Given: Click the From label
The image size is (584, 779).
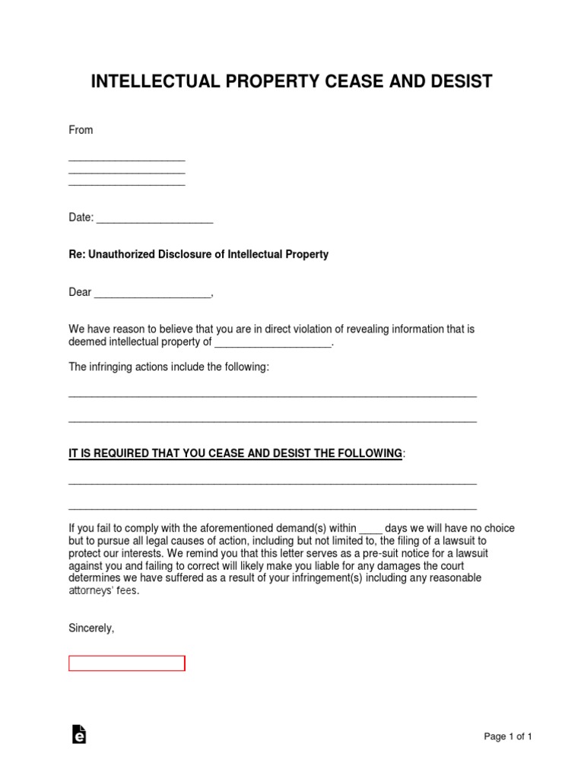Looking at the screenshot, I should [81, 130].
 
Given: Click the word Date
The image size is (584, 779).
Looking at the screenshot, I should [80, 218].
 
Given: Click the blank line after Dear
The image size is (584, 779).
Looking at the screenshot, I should [152, 295].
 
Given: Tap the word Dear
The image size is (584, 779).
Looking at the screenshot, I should [80, 292].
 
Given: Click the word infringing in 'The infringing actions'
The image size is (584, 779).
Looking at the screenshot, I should [116, 367].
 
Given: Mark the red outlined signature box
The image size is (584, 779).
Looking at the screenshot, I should [127, 663].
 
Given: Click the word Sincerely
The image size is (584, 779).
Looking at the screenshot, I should [91, 628].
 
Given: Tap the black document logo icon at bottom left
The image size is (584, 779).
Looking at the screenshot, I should [78, 734].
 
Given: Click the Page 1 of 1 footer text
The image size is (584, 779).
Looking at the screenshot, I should [508, 736].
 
